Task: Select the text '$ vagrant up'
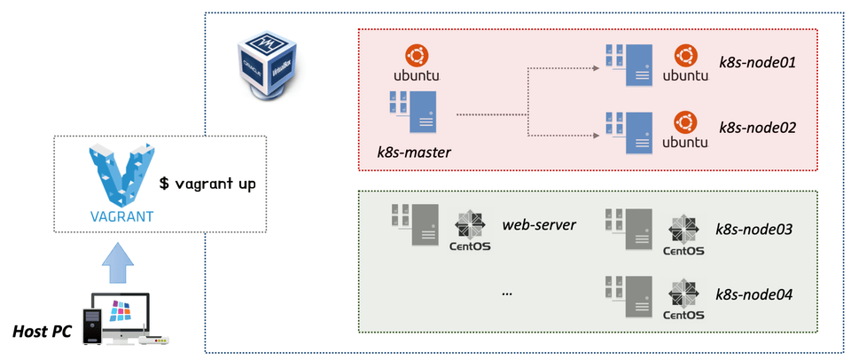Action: (207, 184)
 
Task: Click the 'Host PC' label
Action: (42, 331)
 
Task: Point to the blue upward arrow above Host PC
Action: (118, 262)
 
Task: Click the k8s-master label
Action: (414, 152)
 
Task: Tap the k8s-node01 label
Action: (757, 62)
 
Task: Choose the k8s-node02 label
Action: (757, 129)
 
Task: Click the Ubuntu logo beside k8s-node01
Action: (685, 64)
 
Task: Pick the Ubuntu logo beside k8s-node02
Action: (685, 129)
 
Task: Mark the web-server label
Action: (539, 225)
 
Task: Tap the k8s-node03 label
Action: (755, 230)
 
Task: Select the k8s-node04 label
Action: (755, 295)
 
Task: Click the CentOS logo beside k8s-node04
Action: (683, 300)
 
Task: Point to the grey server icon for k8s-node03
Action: (628, 229)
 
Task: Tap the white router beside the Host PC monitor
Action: (154, 337)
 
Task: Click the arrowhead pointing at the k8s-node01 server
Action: (596, 68)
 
